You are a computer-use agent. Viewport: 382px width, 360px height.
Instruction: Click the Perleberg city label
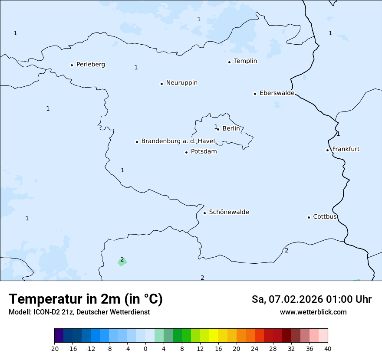(90, 65)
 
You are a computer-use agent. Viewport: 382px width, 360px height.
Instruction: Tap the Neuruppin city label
(181, 83)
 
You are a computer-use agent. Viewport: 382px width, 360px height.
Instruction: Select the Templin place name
(245, 61)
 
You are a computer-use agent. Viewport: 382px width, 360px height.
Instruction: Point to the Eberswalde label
(277, 93)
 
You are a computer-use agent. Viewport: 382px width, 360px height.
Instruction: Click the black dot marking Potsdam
(186, 152)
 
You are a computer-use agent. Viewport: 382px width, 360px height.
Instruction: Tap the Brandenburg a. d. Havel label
(178, 141)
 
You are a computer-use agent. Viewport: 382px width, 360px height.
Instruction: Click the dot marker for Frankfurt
(327, 150)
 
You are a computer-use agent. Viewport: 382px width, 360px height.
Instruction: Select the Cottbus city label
(325, 217)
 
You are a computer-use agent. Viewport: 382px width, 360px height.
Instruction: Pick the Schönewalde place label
(229, 212)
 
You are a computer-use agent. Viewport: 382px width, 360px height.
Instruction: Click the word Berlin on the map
(231, 129)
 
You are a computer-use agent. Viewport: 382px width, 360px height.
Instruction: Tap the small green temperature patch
(122, 262)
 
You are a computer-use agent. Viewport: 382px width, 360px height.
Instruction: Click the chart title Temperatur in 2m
(86, 299)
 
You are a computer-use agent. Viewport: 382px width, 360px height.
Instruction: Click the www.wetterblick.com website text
(313, 312)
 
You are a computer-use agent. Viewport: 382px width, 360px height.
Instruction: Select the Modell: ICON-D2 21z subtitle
(79, 312)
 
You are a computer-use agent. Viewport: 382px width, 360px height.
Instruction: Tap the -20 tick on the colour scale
(54, 348)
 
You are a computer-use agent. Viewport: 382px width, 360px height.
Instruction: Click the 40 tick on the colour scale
(328, 348)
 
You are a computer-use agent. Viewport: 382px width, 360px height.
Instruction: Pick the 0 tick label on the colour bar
(145, 348)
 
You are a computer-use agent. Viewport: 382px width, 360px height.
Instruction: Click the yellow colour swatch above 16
(214, 336)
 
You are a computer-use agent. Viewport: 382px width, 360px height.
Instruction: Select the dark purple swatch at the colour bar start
(59, 336)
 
